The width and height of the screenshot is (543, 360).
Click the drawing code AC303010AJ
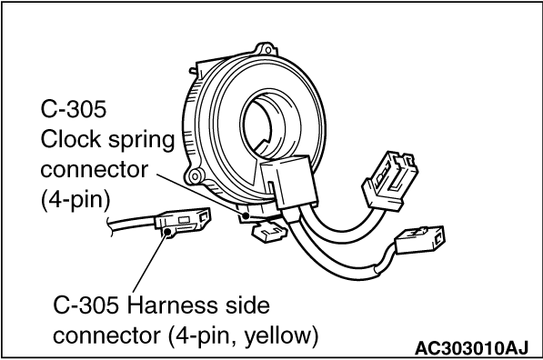point(471,348)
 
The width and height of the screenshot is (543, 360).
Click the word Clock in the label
point(70,139)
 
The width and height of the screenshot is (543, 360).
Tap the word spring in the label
point(141,142)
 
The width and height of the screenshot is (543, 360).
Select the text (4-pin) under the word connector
point(75,200)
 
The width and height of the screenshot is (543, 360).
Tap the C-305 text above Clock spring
point(73,109)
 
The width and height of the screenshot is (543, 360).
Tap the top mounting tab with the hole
point(266,50)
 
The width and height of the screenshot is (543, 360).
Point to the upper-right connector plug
point(389,179)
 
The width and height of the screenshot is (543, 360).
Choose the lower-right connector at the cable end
point(419,239)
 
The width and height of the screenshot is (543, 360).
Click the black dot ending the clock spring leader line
point(246,216)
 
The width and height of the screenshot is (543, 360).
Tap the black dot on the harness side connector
point(168,232)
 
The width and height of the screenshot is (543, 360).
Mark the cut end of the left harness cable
point(110,227)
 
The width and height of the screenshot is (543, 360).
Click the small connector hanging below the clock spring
point(270,233)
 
